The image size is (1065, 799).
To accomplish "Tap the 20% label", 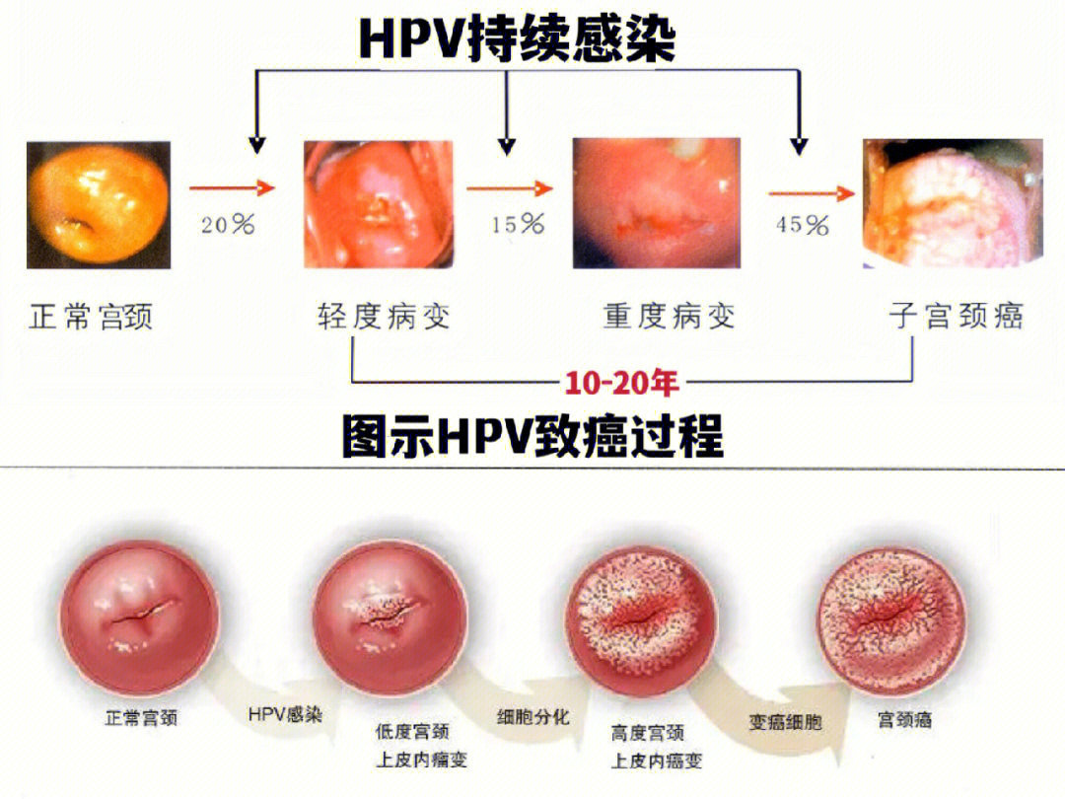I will tap(228, 225).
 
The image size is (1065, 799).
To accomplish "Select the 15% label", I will tap(518, 225).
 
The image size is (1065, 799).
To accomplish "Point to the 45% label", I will tap(802, 225).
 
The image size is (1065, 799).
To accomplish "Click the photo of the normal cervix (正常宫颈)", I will tap(98, 205).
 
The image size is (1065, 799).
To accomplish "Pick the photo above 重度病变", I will tap(657, 203).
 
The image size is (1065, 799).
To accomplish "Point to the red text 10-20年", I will tap(622, 382).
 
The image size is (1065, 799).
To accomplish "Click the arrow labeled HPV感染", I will tap(277, 712).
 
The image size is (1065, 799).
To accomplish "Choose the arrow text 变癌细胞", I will tap(785, 722).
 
